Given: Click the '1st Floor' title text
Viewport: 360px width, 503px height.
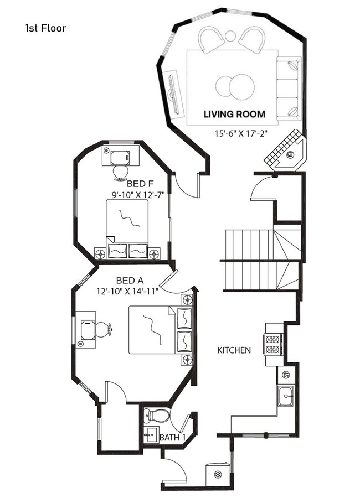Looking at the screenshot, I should coord(45,28).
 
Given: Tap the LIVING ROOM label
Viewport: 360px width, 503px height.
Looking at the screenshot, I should coord(234,115).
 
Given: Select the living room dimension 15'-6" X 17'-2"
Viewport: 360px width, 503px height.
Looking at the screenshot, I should coord(240,133).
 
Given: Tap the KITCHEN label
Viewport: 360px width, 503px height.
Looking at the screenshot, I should coord(234,350).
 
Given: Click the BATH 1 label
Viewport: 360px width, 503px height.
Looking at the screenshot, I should coord(172,438).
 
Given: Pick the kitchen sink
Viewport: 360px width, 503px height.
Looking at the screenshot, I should coord(286,396).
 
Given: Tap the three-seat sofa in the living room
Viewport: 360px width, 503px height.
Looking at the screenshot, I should coord(289,88).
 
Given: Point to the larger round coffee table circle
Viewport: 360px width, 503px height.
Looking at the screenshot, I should coord(243,86).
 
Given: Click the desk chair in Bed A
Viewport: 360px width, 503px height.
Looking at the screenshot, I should coord(104,329).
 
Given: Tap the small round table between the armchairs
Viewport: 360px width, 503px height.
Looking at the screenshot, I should coord(230,37).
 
